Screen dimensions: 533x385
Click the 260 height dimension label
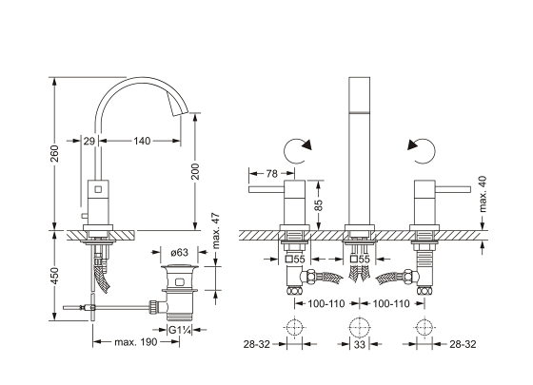click(x=55, y=153)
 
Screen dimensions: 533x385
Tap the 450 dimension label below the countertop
click(x=55, y=276)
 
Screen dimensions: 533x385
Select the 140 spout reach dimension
click(x=142, y=141)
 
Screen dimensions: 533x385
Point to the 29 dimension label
click(x=89, y=141)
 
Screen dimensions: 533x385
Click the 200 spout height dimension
click(x=195, y=172)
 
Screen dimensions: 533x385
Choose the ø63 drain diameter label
click(x=179, y=252)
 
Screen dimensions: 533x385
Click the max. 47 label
click(x=215, y=231)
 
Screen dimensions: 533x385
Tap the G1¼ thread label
click(x=179, y=330)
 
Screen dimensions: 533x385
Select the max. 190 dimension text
click(x=136, y=342)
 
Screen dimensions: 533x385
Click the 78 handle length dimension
click(x=271, y=173)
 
